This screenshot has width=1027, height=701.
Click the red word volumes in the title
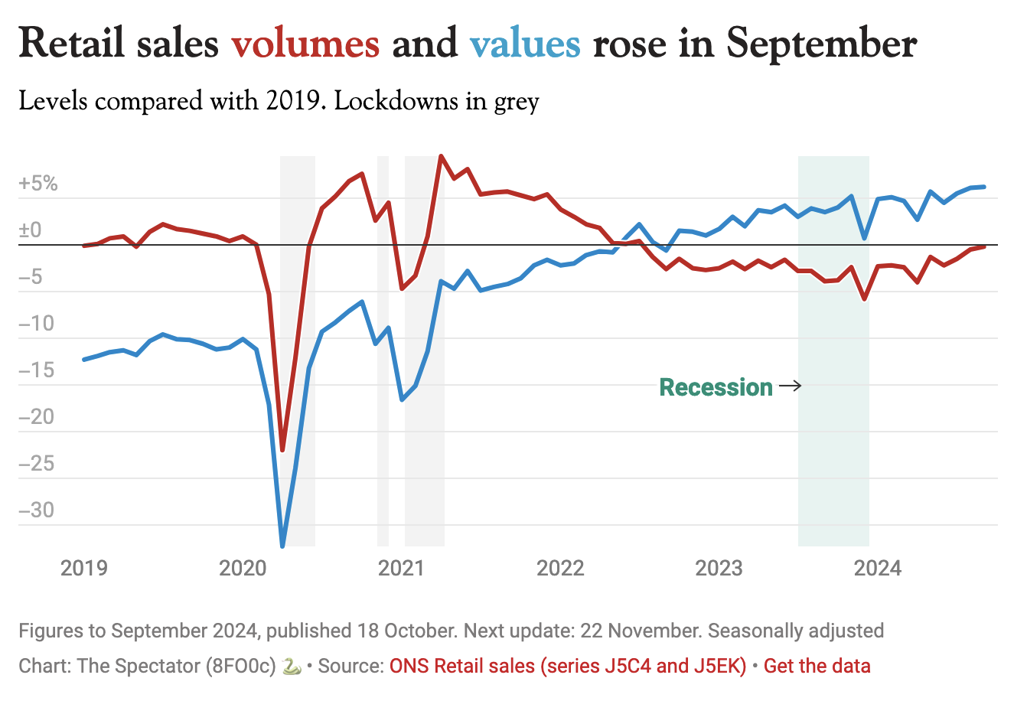pyautogui.click(x=305, y=43)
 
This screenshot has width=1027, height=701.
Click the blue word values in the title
pyautogui.click(x=525, y=43)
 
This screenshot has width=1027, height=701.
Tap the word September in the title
pyautogui.click(x=821, y=44)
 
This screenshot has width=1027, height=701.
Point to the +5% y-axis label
pyautogui.click(x=38, y=184)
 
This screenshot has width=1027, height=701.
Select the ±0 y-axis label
pyautogui.click(x=31, y=230)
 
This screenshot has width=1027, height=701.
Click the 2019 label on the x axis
pyautogui.click(x=84, y=568)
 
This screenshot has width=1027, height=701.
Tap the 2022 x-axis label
pyautogui.click(x=560, y=568)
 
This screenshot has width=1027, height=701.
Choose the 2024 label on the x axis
pyautogui.click(x=878, y=568)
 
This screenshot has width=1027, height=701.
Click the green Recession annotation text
pyautogui.click(x=716, y=387)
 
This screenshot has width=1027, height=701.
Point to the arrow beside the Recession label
pyautogui.click(x=790, y=386)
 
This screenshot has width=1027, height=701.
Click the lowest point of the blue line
pyautogui.click(x=282, y=546)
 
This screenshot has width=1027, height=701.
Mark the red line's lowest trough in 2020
pyautogui.click(x=282, y=450)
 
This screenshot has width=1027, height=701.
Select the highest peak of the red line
pyautogui.click(x=441, y=156)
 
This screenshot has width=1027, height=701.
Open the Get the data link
pyautogui.click(x=817, y=666)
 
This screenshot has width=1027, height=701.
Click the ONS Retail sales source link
pyautogui.click(x=567, y=666)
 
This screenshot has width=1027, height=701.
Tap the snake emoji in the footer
pyautogui.click(x=292, y=666)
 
